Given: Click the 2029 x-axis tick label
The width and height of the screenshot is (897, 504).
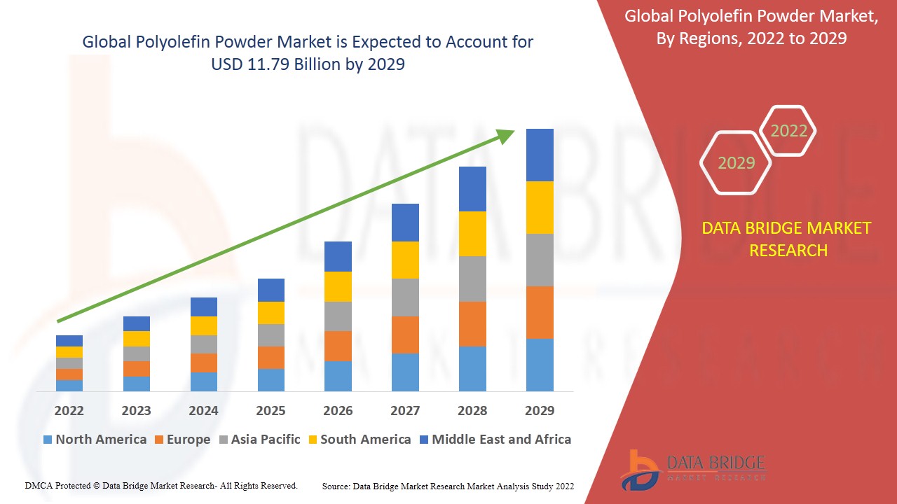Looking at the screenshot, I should [x=540, y=410].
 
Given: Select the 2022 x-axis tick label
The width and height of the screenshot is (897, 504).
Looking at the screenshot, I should [x=69, y=410].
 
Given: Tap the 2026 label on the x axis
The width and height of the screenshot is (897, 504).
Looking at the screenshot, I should [x=338, y=410].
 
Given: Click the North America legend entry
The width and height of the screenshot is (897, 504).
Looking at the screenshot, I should [x=95, y=440].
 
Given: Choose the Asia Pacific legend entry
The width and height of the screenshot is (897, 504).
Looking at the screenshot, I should [x=259, y=440].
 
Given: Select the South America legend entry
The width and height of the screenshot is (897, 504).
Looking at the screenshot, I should [x=358, y=440].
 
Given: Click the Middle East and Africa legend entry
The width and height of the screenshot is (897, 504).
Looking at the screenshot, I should [x=495, y=440].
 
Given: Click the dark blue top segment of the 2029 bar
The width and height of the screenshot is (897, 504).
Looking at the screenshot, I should [x=540, y=155].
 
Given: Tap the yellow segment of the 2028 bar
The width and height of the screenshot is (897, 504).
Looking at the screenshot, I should [x=472, y=233].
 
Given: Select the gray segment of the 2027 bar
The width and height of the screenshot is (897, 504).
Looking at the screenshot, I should [x=405, y=297].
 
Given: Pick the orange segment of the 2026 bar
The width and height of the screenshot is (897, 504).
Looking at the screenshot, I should [x=338, y=346].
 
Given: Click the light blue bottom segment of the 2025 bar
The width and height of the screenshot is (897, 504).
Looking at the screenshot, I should [x=271, y=379].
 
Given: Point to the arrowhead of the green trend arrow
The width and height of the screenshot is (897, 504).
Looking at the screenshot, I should [x=506, y=136].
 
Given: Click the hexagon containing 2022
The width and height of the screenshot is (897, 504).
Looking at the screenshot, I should [x=788, y=131].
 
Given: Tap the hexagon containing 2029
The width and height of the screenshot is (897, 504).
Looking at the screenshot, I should [x=736, y=162].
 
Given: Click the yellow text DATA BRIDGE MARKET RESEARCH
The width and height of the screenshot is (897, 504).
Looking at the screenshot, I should [x=788, y=239].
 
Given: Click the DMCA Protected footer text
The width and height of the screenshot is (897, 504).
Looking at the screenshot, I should [x=161, y=485].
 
